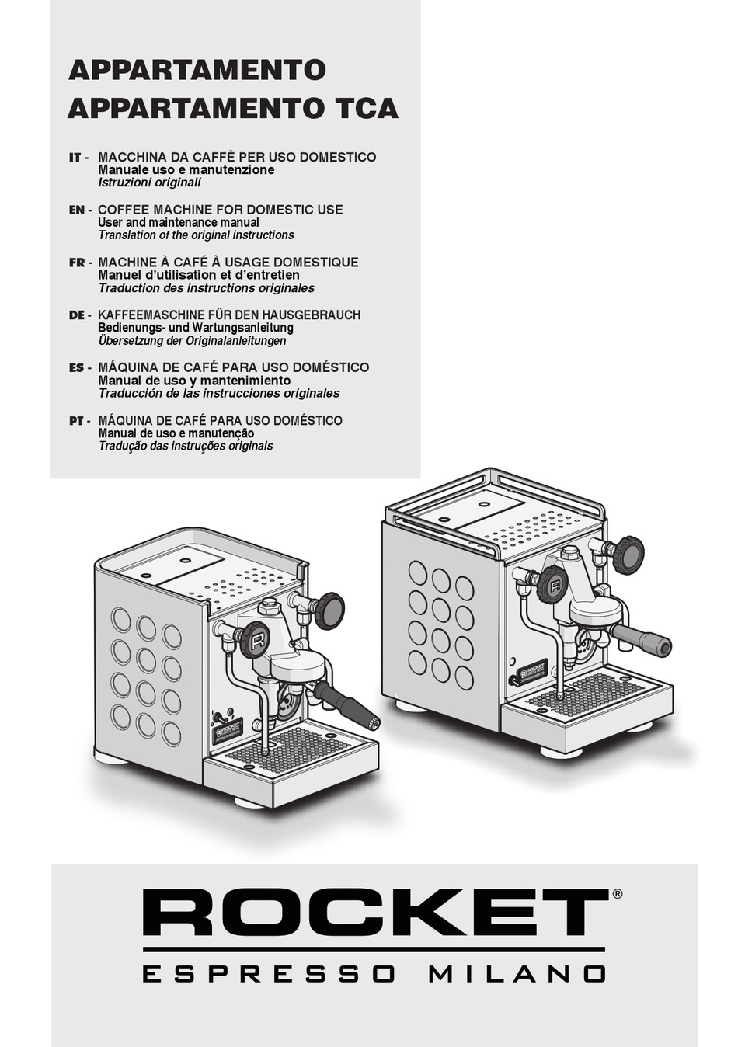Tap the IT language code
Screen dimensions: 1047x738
[75, 158]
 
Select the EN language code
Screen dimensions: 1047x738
[77, 210]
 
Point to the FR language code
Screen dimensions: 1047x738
[76, 263]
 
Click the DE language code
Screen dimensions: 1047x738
[76, 315]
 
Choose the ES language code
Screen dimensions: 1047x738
[76, 367]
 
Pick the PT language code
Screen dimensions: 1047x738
[76, 420]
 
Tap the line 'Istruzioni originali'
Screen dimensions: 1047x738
[149, 183]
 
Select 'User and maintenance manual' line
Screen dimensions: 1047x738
[179, 222]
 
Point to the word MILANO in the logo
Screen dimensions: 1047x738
[517, 973]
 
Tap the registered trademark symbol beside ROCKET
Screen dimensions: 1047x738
[617, 894]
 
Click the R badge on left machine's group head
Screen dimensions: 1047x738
[254, 640]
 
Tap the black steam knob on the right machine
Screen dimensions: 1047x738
[628, 554]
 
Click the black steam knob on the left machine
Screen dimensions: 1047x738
[329, 610]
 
